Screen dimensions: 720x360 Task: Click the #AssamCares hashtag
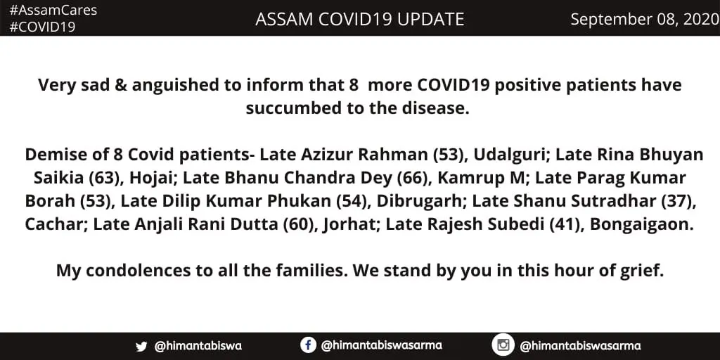53,11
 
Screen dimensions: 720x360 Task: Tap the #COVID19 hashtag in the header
42,27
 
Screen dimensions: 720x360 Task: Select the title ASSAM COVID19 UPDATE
359,19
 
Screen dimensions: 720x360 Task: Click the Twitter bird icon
141,346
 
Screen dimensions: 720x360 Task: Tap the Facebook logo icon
308,345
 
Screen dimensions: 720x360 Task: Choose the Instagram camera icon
503,345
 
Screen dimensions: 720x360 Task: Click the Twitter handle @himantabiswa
198,346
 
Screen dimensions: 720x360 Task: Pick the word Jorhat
349,225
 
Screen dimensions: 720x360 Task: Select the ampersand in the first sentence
120,85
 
